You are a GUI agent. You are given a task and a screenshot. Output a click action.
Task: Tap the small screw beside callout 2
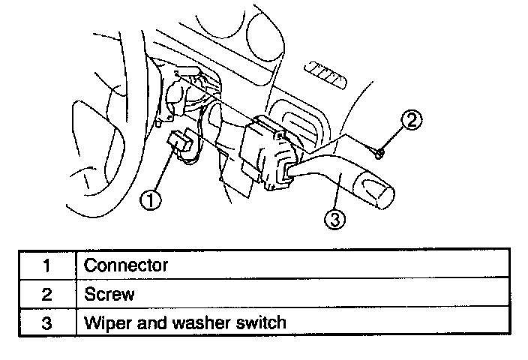point(380,153)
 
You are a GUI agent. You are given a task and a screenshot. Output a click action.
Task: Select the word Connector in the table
point(126,265)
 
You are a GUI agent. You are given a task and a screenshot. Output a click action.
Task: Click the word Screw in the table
point(109,294)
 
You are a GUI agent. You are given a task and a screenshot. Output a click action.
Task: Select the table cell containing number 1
point(46,265)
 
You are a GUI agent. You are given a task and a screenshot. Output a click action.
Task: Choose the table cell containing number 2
point(46,294)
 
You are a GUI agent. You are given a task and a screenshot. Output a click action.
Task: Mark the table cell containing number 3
point(46,323)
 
